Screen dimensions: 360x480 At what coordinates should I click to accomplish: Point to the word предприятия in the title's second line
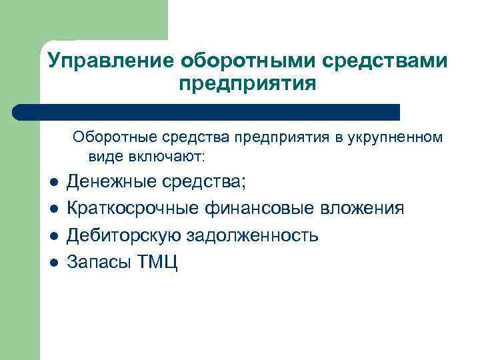pos(247,85)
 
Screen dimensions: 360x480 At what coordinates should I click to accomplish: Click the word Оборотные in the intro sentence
pos(111,137)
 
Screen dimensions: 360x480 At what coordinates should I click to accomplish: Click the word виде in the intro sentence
pos(103,157)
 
